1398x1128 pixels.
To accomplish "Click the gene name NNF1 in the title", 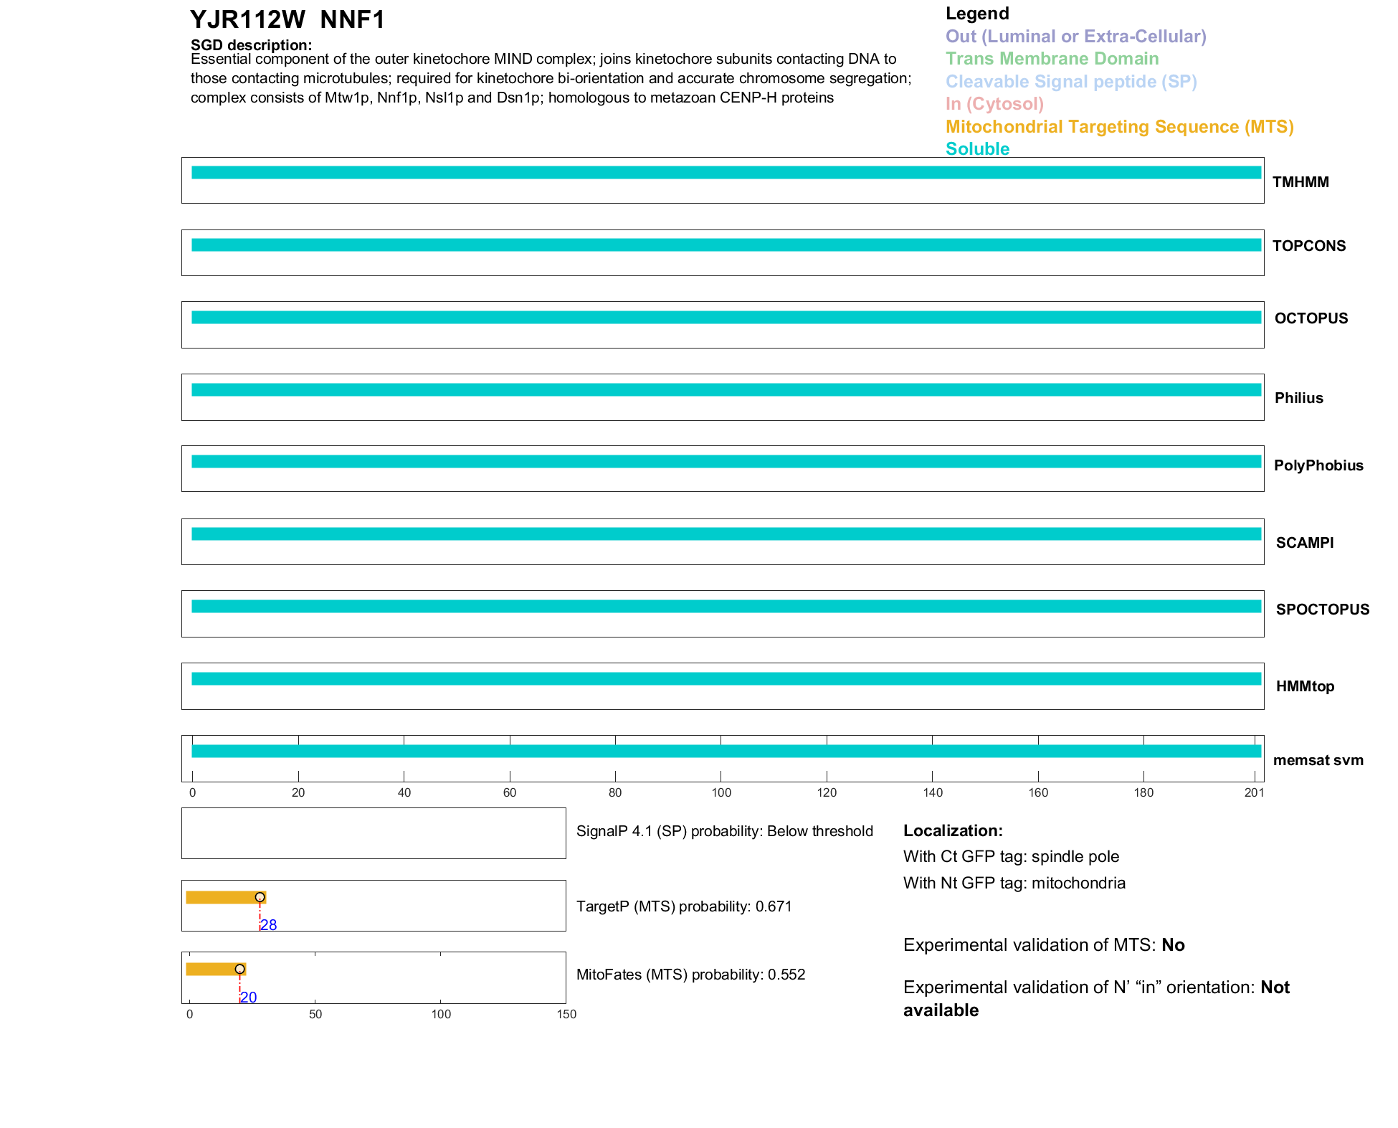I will (x=352, y=20).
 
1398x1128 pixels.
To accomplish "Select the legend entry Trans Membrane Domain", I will (x=1052, y=59).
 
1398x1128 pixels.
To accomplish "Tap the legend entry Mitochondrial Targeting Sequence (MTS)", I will (x=1119, y=127).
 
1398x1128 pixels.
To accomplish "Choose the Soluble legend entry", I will (x=977, y=149).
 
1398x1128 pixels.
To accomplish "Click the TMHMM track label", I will (x=1300, y=182).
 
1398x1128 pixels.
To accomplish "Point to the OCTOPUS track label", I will (x=1311, y=318).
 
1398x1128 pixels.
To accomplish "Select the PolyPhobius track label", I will (x=1318, y=465).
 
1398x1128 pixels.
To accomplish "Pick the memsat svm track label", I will (x=1318, y=760).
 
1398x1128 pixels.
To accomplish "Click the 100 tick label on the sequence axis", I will (x=721, y=792).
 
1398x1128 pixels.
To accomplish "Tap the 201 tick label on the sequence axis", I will (x=1254, y=792).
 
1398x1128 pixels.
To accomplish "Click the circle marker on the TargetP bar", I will (x=260, y=897).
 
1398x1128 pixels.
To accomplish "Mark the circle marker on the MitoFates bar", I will (x=240, y=969).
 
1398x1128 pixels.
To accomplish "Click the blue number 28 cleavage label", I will (x=269, y=925).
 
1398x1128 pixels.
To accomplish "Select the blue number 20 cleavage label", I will (x=249, y=997).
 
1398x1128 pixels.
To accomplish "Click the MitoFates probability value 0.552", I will (x=786, y=975).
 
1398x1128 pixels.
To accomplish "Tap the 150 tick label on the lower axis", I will (x=566, y=1014).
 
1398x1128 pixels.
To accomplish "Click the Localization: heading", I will (x=953, y=830).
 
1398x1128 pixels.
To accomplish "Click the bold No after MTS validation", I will (x=1173, y=945).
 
